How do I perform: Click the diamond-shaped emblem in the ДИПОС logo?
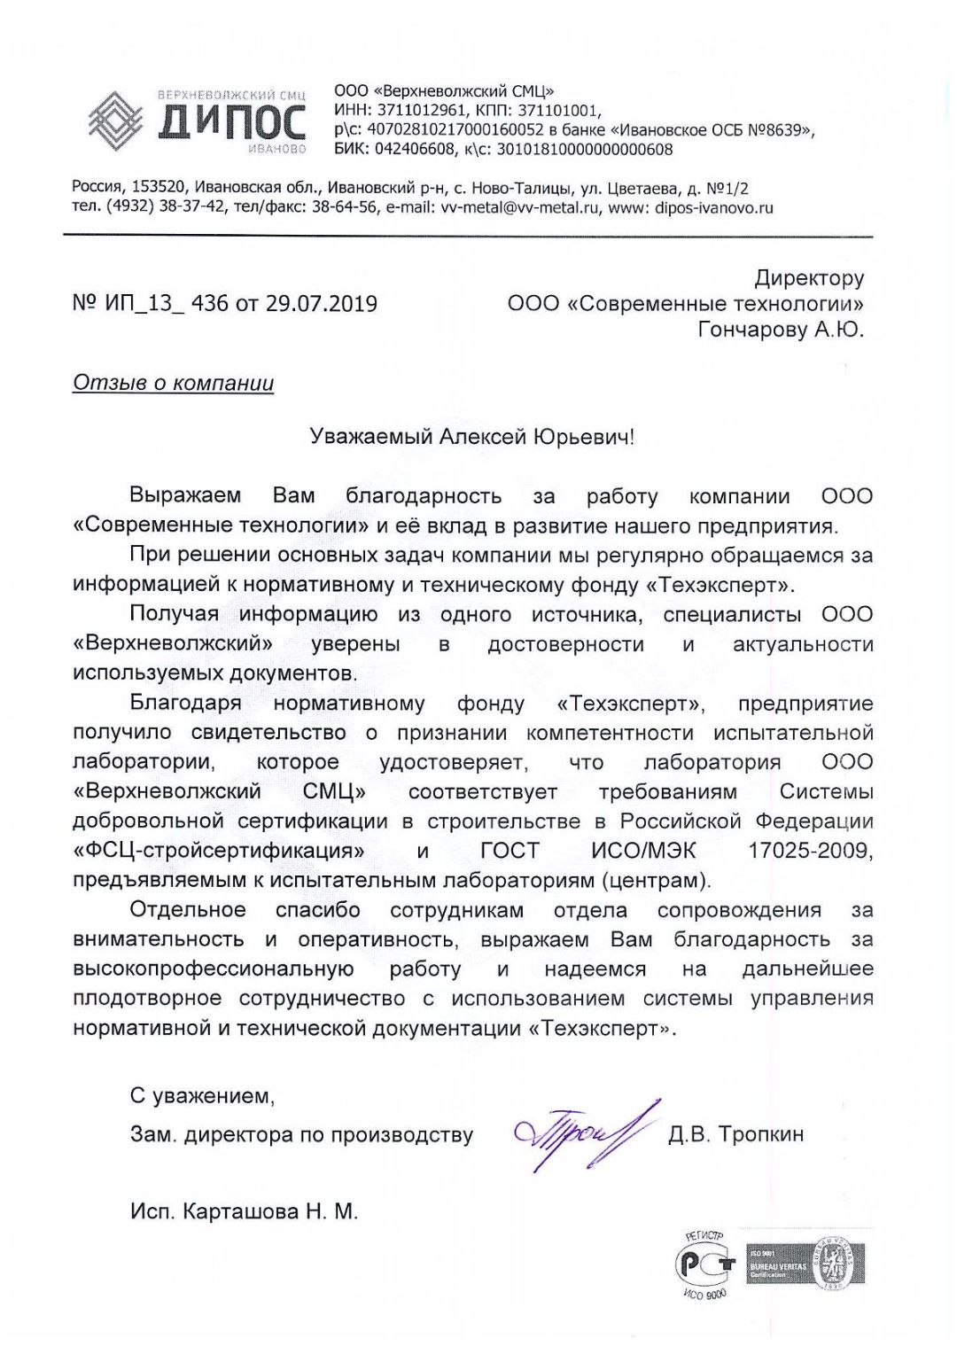pos(115,121)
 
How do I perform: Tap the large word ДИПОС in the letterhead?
pos(232,123)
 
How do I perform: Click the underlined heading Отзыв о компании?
pos(173,384)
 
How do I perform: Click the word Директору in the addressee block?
pos(809,278)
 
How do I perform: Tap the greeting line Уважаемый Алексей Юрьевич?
pos(471,437)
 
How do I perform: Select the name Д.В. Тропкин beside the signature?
pos(735,1134)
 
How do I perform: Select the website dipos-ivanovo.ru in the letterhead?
pos(713,208)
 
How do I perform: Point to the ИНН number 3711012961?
pos(421,111)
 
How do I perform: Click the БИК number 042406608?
pos(414,150)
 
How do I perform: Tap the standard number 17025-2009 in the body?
pos(810,851)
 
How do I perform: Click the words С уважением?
pos(202,1096)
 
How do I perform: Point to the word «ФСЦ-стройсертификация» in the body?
pos(219,851)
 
